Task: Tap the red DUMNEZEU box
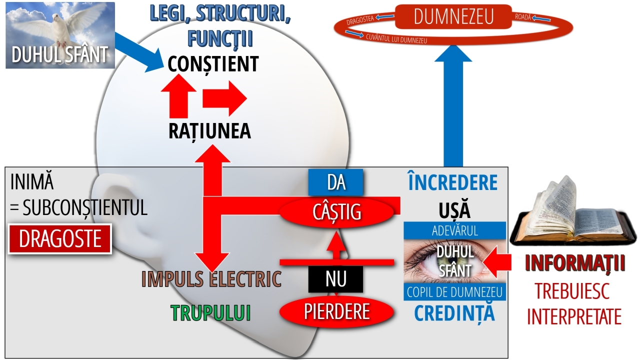[453, 17]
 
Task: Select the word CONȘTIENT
[213, 64]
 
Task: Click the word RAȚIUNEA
[209, 131]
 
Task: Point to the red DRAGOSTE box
[60, 239]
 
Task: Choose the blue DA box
[335, 182]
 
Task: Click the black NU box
[335, 279]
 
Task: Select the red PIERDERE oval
[336, 311]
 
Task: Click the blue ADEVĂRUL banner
[454, 231]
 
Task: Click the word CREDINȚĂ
[454, 312]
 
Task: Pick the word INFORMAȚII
[575, 263]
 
